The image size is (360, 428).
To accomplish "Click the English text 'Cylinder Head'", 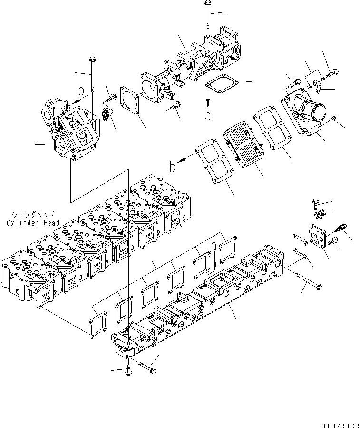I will pos(33,223).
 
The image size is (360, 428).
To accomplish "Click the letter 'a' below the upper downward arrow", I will pos(208,116).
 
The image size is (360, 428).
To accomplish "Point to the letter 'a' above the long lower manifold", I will pos(214,247).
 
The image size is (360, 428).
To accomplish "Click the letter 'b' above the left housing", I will pos(81,90).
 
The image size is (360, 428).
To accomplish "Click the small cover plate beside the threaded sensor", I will pos(318,236).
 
